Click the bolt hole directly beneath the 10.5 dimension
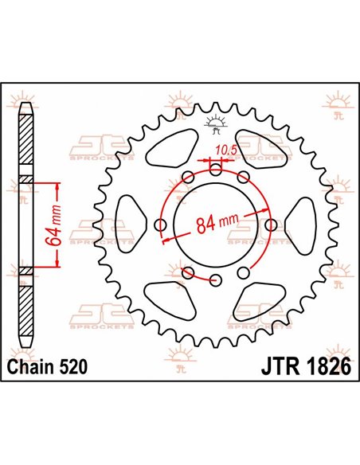216,168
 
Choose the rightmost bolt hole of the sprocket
271,224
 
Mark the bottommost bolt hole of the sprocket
216,279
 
